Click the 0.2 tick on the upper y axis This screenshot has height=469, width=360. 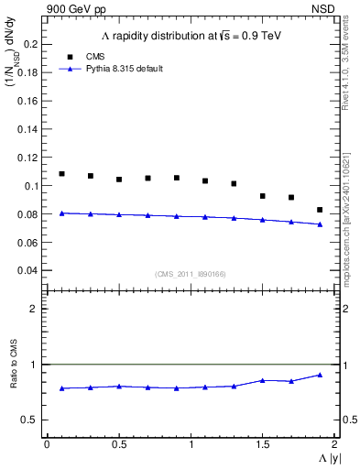click(x=32, y=44)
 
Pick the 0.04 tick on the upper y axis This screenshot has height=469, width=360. click(x=29, y=270)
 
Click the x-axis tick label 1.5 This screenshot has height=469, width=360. click(x=262, y=443)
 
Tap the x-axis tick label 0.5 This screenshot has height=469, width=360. click(x=118, y=443)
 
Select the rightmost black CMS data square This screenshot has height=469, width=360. click(x=320, y=210)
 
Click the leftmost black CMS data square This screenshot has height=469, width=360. click(x=61, y=174)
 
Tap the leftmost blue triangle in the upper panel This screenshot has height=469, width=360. click(x=61, y=213)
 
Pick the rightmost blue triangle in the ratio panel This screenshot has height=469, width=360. click(x=320, y=375)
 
